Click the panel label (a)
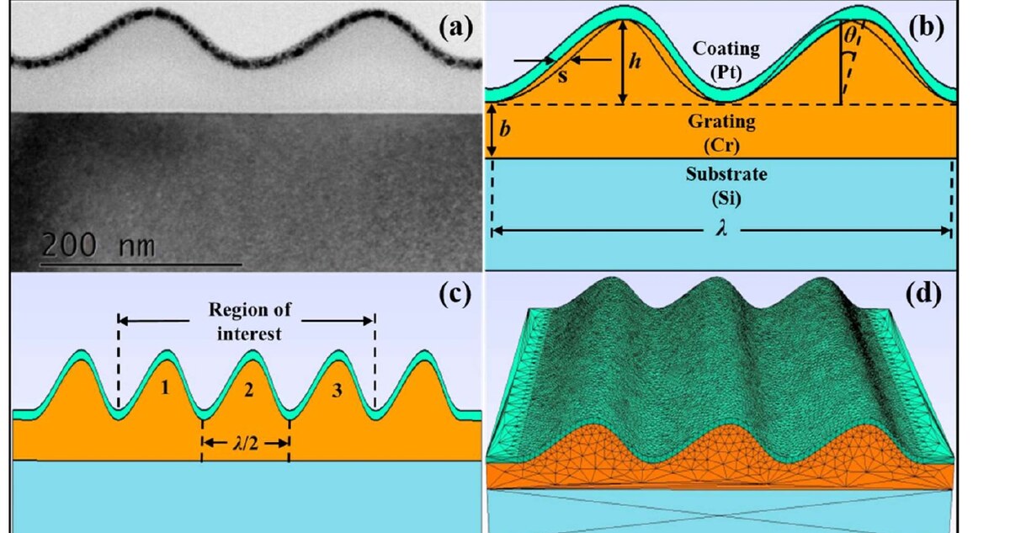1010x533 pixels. pos(456,28)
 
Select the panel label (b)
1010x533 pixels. pos(926,28)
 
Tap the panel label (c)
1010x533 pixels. pos(455,295)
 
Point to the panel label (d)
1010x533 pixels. pos(924,295)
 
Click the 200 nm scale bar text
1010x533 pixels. pos(98,245)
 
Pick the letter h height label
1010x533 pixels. pos(635,61)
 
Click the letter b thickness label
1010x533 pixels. pos(505,129)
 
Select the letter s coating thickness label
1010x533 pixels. pos(562,77)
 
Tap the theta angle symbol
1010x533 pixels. pos(850,35)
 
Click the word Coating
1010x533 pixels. pos(726,49)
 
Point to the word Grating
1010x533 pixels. pos(721,122)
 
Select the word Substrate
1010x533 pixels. pos(726,174)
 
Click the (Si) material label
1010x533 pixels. pos(726,199)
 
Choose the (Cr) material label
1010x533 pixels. pos(721,145)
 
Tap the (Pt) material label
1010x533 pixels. pos(726,72)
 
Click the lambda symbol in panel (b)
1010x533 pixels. pos(721,229)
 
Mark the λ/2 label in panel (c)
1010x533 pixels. pos(246,444)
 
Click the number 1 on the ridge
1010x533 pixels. pos(165,386)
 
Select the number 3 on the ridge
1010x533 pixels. pos(337,391)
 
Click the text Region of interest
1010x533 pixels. pos(249,322)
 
